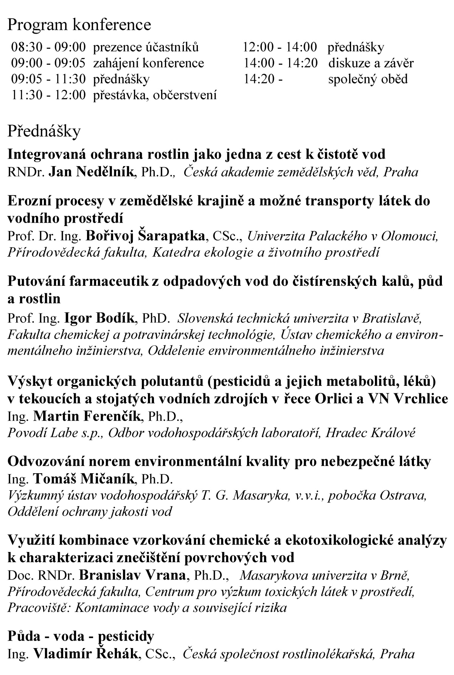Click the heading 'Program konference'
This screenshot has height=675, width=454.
[x=79, y=25]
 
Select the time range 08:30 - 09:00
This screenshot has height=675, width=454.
[x=49, y=47]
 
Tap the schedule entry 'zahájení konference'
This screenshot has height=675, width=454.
[x=149, y=63]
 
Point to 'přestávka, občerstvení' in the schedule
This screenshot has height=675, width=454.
[x=155, y=95]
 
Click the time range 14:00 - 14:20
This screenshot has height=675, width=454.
[x=281, y=63]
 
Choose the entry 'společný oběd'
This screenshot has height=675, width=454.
[x=368, y=79]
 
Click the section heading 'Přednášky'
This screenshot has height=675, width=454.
[x=44, y=131]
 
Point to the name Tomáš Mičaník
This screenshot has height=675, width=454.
[x=84, y=479]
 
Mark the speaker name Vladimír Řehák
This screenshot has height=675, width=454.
[x=85, y=653]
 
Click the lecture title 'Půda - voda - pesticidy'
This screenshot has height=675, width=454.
[x=81, y=636]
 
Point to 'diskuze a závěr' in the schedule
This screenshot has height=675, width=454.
[x=371, y=63]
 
